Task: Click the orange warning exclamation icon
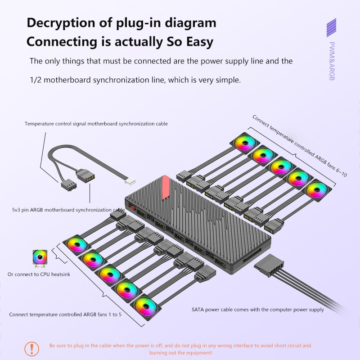(x=31, y=348)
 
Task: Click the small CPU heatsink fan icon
(x=39, y=258)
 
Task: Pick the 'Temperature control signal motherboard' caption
(x=96, y=123)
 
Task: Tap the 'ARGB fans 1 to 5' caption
(x=65, y=315)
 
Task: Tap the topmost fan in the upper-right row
(x=245, y=143)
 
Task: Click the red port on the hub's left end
(x=132, y=207)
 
